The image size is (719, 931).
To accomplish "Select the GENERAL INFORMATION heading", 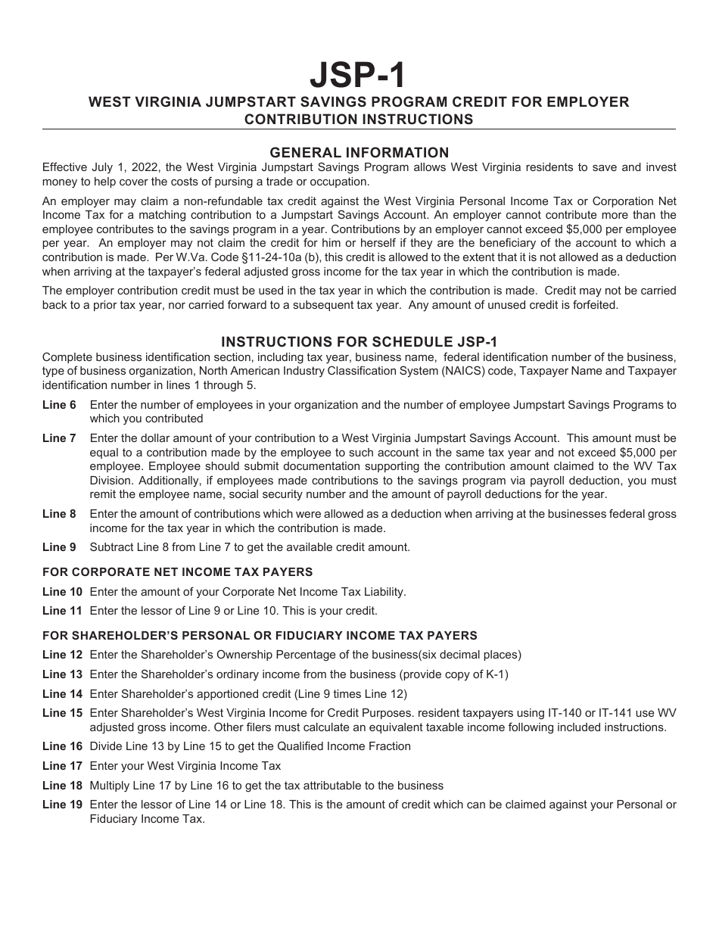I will [359, 152].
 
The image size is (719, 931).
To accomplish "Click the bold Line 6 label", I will [59, 405].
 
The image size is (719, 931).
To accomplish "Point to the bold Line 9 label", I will [59, 547].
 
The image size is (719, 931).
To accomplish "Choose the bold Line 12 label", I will [62, 655].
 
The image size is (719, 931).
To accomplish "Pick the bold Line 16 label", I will [62, 746].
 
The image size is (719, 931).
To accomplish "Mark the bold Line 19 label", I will [62, 805].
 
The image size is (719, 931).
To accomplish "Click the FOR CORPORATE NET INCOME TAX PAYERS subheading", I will [177, 572].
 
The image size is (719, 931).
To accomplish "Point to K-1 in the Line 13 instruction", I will [491, 674].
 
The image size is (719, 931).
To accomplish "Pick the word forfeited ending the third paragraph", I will [593, 305].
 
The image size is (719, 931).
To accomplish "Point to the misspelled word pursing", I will [206, 182].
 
